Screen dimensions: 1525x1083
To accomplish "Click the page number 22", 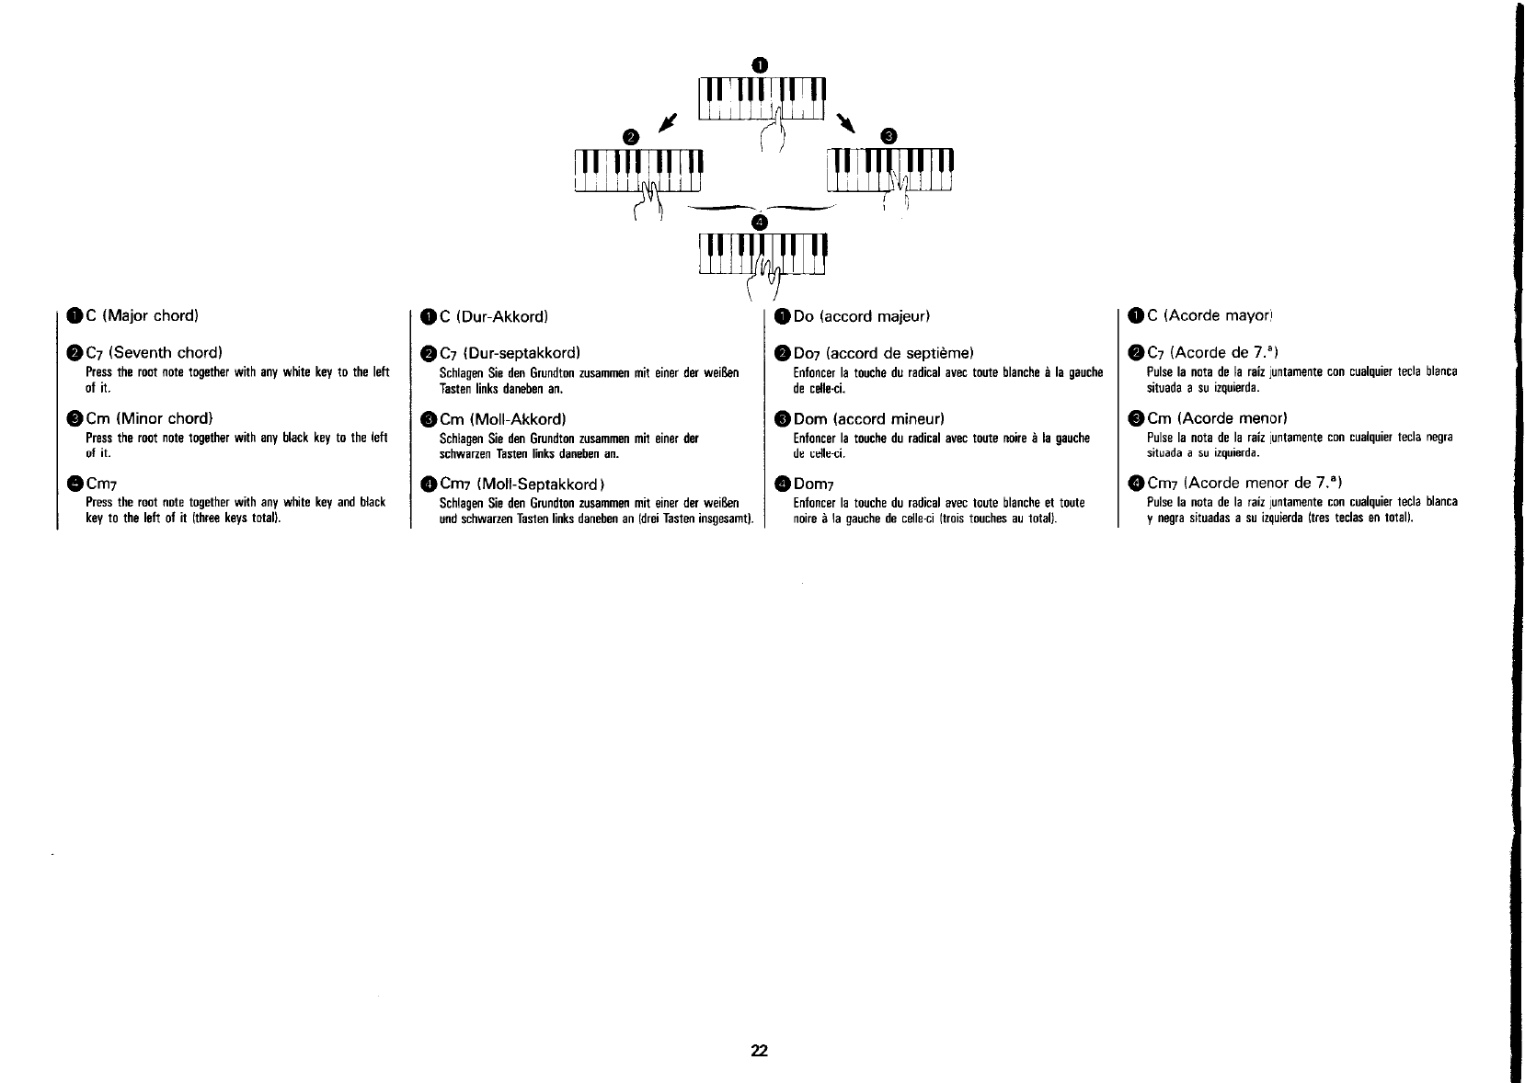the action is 759,1052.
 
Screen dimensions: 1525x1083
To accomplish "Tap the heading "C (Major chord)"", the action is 143,316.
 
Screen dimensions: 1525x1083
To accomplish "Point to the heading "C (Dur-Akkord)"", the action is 495,317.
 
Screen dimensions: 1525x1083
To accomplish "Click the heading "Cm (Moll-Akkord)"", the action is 497,419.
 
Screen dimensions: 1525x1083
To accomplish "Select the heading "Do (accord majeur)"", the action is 862,317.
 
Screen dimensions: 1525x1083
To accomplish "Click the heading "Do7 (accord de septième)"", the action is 883,353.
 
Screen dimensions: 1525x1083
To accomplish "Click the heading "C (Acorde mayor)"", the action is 1209,316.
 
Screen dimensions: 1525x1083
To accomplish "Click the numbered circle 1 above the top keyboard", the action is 759,63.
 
